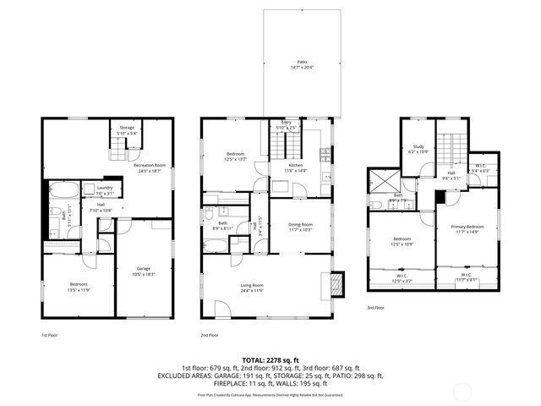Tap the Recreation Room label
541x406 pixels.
coord(150,165)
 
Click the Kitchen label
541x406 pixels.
coord(295,165)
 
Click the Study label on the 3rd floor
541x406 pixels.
coord(418,146)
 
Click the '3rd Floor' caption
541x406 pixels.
coord(375,308)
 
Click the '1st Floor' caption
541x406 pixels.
coord(49,336)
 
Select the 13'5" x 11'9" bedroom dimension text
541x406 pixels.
coord(78,288)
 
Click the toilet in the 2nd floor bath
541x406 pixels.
coord(208,215)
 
